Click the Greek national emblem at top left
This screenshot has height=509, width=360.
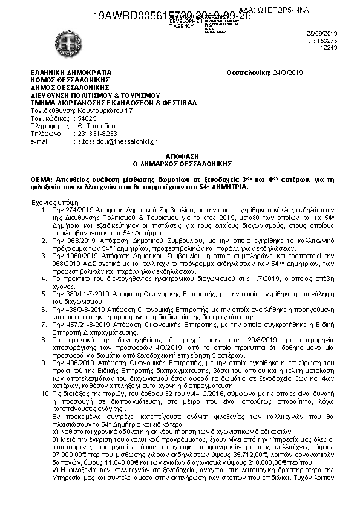tap(45, 37)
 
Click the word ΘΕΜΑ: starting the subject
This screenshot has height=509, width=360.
tap(41, 180)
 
